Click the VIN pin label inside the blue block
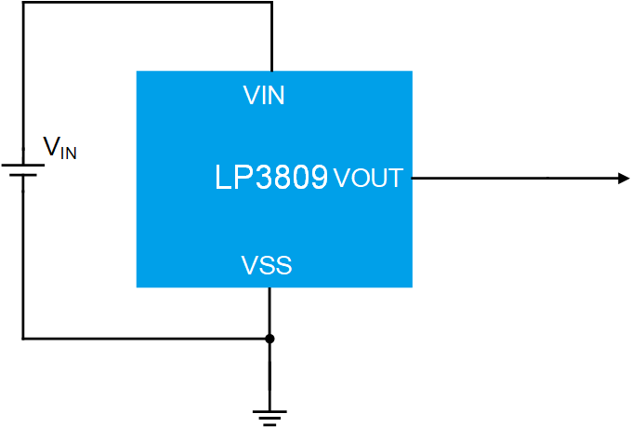[x=264, y=95]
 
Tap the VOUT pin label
[x=368, y=178]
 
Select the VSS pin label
[x=267, y=266]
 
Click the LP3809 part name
[x=271, y=178]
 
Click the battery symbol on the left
[x=23, y=171]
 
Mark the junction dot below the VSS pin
[x=269, y=339]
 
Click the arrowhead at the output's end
[x=624, y=178]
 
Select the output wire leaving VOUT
[x=511, y=178]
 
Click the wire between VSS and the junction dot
[x=269, y=313]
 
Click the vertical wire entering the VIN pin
[x=271, y=37]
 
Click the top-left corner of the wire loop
[x=23, y=3]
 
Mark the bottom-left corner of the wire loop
[x=23, y=339]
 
